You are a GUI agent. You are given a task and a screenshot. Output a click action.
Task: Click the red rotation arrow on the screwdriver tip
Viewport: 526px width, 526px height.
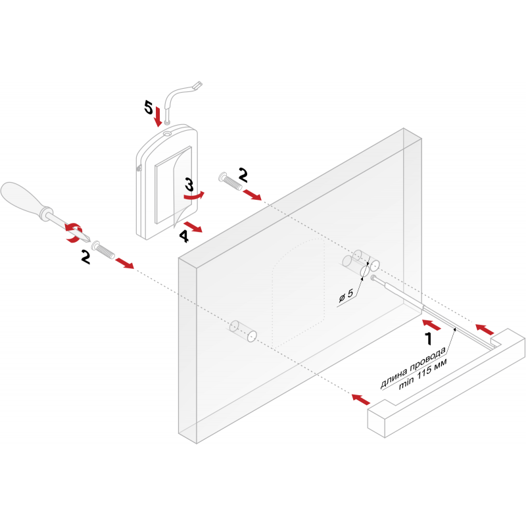click(x=73, y=233)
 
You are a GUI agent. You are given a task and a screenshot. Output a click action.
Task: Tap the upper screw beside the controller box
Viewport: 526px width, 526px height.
click(x=230, y=181)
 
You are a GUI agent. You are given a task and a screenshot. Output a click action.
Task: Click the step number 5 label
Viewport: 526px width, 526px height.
click(x=149, y=108)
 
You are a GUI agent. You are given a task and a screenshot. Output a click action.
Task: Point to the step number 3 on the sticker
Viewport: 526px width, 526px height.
click(x=189, y=185)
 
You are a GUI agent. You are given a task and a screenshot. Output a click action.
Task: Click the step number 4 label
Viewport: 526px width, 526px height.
click(x=184, y=236)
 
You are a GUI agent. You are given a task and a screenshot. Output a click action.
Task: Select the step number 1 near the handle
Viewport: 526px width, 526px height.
click(x=429, y=339)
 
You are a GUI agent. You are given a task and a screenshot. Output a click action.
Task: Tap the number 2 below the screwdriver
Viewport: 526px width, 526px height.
click(x=85, y=257)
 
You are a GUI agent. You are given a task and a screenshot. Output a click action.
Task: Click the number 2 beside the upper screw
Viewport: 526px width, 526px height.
click(x=243, y=175)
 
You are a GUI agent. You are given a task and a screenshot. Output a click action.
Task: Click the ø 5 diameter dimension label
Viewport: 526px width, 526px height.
click(x=346, y=295)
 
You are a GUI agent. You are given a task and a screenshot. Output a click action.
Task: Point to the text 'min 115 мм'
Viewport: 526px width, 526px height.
click(x=423, y=375)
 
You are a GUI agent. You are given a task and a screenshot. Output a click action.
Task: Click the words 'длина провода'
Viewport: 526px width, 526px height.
click(x=413, y=368)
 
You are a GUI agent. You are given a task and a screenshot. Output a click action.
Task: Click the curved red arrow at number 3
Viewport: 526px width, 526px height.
click(x=195, y=196)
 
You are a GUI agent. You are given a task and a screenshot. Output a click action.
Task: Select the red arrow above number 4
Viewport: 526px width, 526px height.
click(x=193, y=227)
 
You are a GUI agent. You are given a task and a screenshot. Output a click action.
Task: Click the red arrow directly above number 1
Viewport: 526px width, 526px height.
click(x=431, y=325)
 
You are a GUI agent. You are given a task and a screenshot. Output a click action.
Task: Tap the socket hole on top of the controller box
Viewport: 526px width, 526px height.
click(x=168, y=133)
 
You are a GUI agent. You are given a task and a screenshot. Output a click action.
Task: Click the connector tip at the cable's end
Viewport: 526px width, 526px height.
click(x=198, y=85)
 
